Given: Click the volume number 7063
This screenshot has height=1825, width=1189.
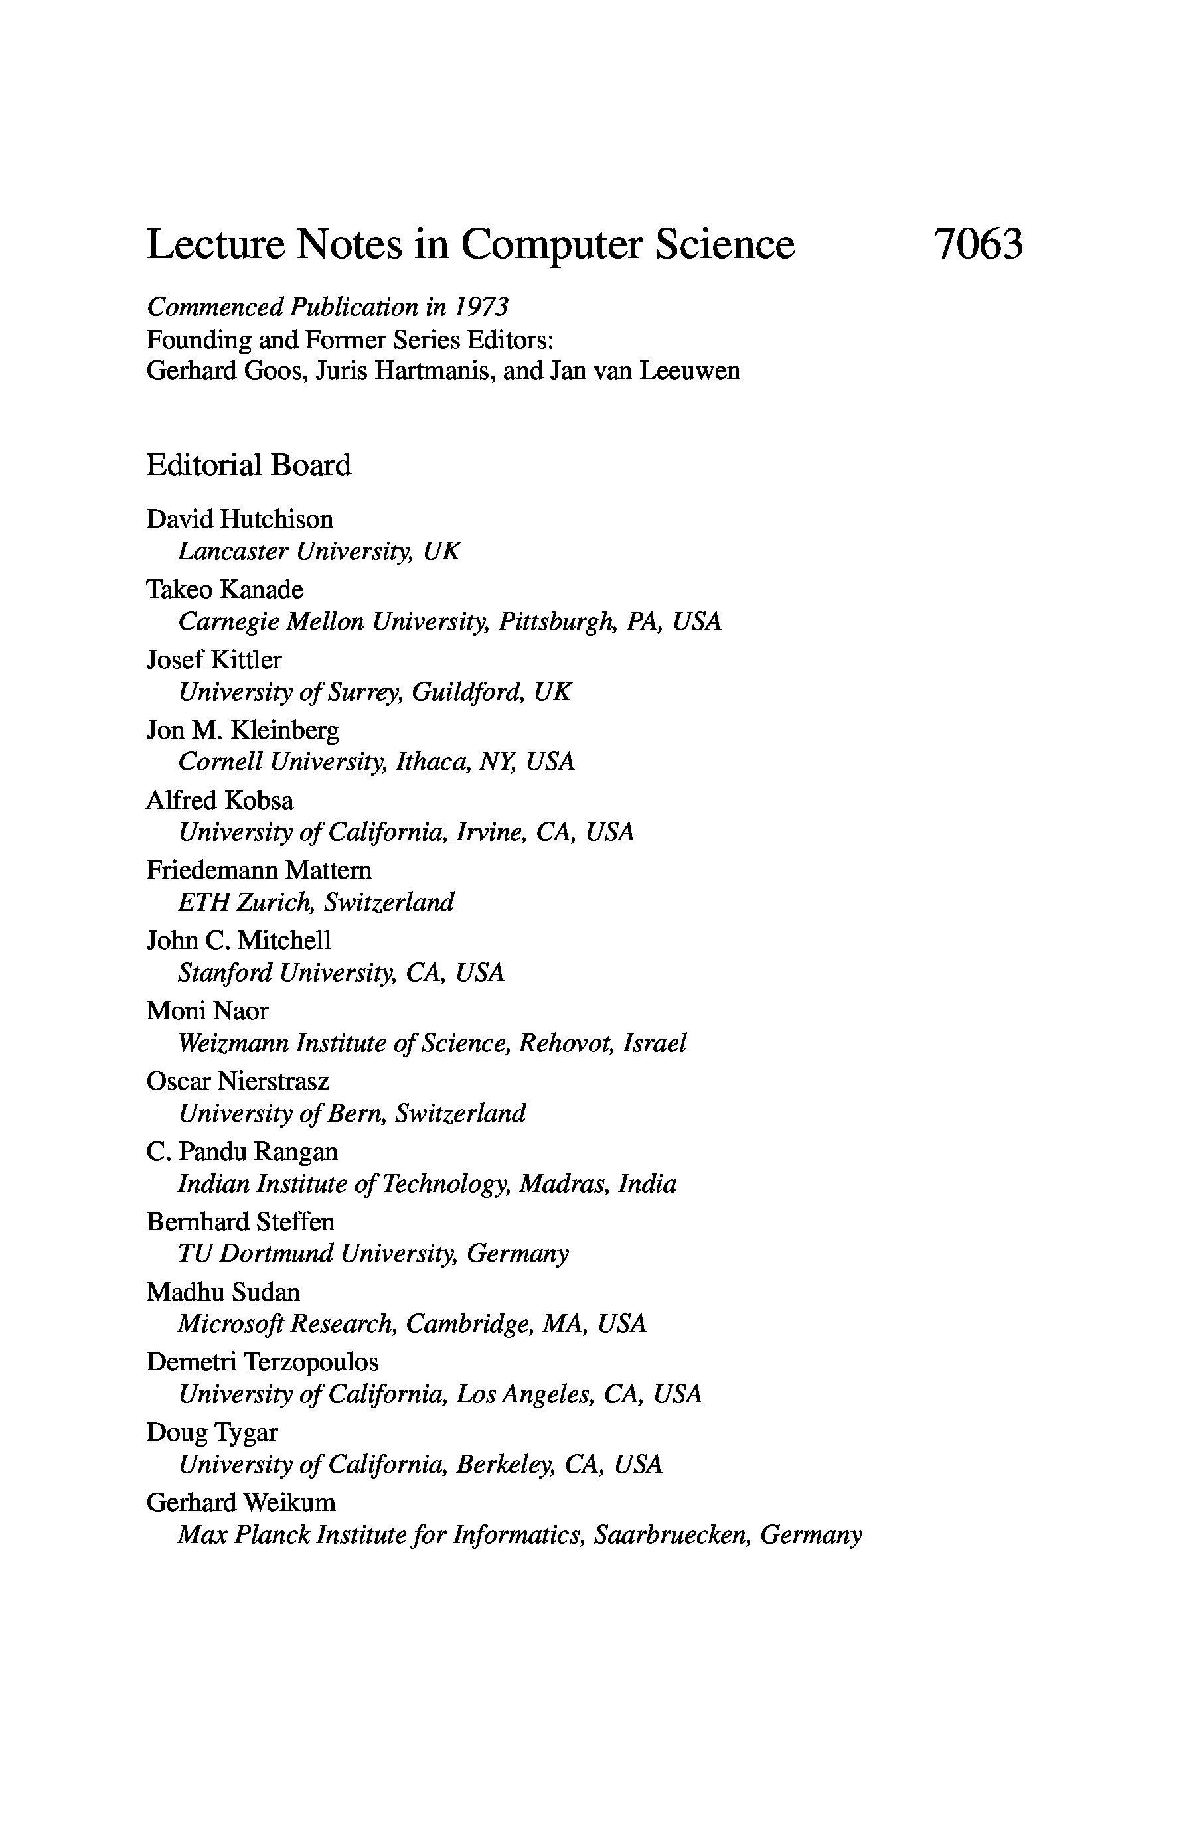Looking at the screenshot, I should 978,245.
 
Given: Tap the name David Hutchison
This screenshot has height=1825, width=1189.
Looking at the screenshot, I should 240,519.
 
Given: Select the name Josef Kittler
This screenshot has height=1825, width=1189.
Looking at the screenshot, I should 214,660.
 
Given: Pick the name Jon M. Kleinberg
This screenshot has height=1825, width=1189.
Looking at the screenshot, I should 242,730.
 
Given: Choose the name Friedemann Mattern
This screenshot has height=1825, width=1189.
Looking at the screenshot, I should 260,870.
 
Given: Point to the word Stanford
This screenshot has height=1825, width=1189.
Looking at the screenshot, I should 225,972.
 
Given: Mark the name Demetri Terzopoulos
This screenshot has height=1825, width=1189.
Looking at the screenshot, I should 262,1362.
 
